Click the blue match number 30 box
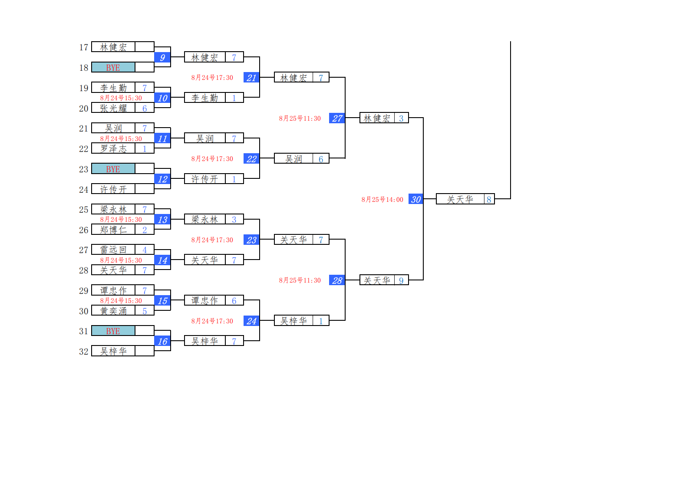pyautogui.click(x=416, y=199)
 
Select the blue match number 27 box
pyautogui.click(x=337, y=118)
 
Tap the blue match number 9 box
pyautogui.click(x=162, y=57)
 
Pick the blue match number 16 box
pyautogui.click(x=162, y=341)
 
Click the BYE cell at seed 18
pyautogui.click(x=113, y=68)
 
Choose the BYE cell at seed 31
pyautogui.click(x=113, y=331)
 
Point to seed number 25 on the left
pyautogui.click(x=84, y=210)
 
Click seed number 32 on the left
pyautogui.click(x=84, y=352)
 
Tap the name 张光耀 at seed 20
pyautogui.click(x=114, y=108)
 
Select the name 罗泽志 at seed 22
pyautogui.click(x=114, y=149)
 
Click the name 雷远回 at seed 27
pyautogui.click(x=114, y=250)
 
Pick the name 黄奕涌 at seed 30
pyautogui.click(x=114, y=311)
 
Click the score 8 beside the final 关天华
pyautogui.click(x=489, y=200)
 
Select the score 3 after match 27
pyautogui.click(x=401, y=118)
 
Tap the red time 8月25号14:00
pyautogui.click(x=382, y=200)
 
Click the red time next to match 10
pyautogui.click(x=121, y=98)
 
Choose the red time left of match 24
pyautogui.click(x=212, y=321)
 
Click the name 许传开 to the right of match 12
pyautogui.click(x=205, y=179)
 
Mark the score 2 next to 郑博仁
pyautogui.click(x=145, y=230)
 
